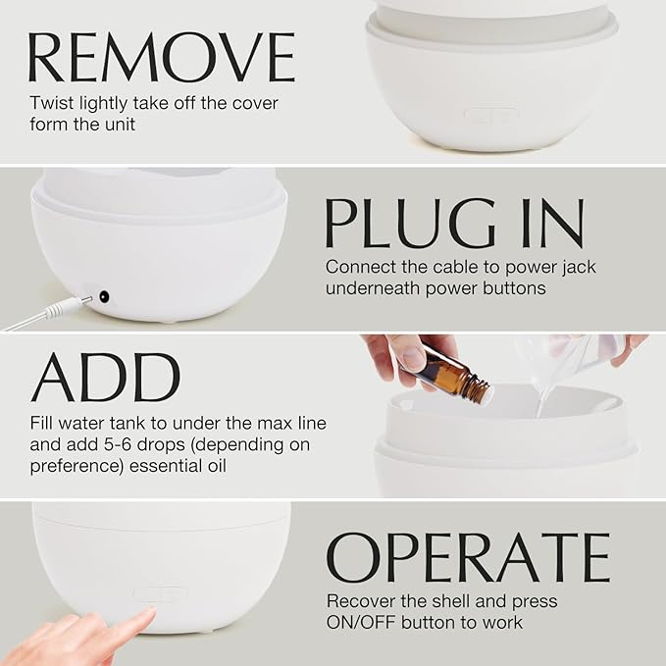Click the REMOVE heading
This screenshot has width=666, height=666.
pyautogui.click(x=162, y=57)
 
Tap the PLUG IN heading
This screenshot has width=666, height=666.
pyautogui.click(x=454, y=224)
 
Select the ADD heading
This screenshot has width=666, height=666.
pyautogui.click(x=106, y=378)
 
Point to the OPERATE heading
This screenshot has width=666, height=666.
pyautogui.click(x=468, y=558)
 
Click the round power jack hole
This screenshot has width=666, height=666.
pyautogui.click(x=101, y=295)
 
